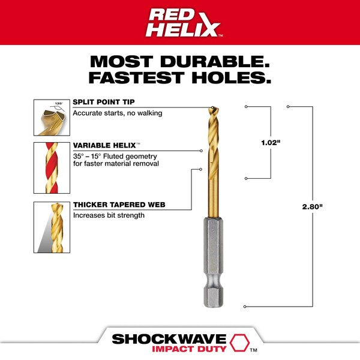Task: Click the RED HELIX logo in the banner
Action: coord(184,23)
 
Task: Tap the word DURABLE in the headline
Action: coord(215,62)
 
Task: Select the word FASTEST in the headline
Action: coord(137,77)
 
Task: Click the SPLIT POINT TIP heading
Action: coord(104,102)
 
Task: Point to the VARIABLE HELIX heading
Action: coord(104,145)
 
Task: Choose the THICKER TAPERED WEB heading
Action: coord(119,205)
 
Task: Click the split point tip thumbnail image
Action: coord(52,118)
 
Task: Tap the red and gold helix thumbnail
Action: coord(52,168)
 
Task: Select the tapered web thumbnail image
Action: coord(52,227)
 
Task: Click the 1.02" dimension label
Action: coord(271,143)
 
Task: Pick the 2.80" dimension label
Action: coord(312,206)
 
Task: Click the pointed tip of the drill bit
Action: coord(212,107)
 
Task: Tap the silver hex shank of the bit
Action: coord(214,262)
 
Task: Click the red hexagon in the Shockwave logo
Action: coord(239,343)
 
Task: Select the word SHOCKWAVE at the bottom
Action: coord(169,339)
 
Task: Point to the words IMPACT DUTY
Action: coord(190,349)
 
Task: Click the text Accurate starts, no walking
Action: coord(118,113)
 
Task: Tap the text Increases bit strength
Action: coord(109,215)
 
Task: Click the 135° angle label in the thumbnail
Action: coord(59,104)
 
